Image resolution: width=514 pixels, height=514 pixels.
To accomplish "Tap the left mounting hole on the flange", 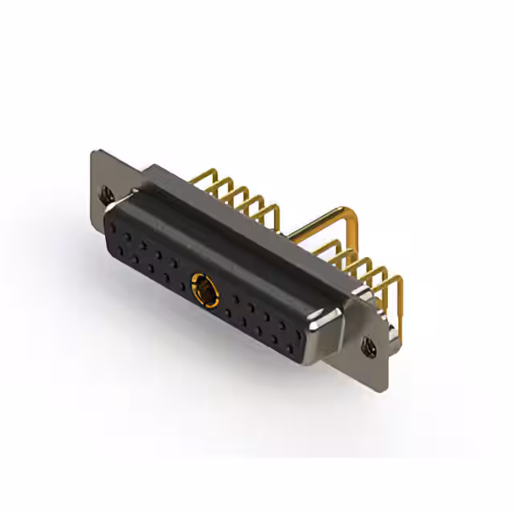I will point(105,194).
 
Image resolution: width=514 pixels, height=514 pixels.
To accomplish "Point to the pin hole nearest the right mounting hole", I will point(297,341).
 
